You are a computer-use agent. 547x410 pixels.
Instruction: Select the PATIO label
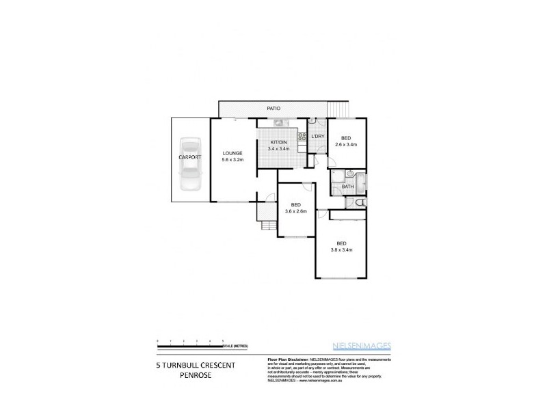(273, 109)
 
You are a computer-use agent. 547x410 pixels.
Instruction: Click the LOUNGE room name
(232, 152)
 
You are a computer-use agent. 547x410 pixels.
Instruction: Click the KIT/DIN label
(278, 141)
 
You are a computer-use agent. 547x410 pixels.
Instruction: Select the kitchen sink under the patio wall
(279, 123)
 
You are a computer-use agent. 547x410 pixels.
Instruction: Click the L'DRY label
(317, 137)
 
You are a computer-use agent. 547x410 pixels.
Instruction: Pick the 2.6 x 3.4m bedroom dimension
(347, 145)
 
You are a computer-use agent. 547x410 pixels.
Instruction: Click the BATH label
(347, 187)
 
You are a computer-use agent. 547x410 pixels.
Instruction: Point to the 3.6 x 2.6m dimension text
(295, 211)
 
